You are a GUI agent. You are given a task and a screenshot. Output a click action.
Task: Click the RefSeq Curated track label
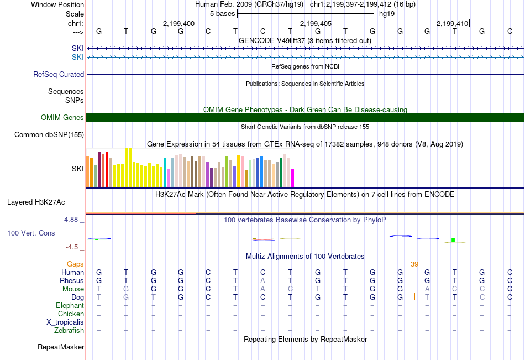tap(59, 74)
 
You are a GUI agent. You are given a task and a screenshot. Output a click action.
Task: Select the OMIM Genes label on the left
tap(62, 117)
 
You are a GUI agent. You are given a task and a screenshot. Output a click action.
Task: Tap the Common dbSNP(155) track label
tap(49, 134)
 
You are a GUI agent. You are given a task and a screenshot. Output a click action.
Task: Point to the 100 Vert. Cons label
tap(31, 233)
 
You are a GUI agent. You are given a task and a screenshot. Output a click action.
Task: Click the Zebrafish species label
tap(69, 331)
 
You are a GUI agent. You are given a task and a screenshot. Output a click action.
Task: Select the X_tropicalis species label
tap(65, 322)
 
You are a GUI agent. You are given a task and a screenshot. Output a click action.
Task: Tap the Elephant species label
tap(70, 306)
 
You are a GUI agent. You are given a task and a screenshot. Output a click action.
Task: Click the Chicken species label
tap(71, 314)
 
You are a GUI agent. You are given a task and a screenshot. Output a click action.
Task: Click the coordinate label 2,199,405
tap(316, 23)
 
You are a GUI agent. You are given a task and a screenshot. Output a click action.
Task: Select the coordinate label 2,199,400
tap(179, 23)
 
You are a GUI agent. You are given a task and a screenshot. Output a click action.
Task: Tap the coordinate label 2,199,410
tap(452, 23)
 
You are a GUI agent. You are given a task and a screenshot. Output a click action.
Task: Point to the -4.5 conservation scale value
tap(72, 247)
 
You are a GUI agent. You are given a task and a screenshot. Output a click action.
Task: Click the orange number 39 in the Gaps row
tap(414, 264)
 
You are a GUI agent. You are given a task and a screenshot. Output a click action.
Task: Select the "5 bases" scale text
tap(222, 13)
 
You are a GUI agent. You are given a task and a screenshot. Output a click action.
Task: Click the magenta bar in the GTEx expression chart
tap(293, 178)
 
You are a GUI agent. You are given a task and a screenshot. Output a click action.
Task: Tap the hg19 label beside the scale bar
tap(387, 13)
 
